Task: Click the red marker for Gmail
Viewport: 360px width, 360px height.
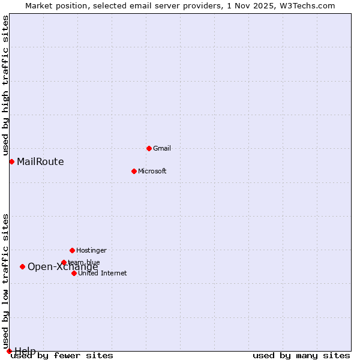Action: click(x=149, y=148)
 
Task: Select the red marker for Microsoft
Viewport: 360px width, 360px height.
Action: click(x=134, y=171)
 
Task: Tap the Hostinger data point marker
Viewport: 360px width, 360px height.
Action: click(x=72, y=250)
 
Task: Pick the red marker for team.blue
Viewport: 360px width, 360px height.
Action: click(x=64, y=262)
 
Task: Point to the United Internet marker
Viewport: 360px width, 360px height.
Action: click(x=74, y=273)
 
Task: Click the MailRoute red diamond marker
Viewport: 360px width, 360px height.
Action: click(x=11, y=161)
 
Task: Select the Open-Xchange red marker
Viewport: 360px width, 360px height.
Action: click(x=22, y=266)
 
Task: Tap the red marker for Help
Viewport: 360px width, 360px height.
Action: click(x=9, y=351)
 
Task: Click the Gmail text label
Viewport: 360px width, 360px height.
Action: click(x=162, y=148)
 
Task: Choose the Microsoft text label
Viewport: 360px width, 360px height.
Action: click(x=152, y=171)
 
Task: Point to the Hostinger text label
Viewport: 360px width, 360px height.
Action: click(x=91, y=250)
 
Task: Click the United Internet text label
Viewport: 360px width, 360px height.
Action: click(x=103, y=273)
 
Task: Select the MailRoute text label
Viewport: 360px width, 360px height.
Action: click(x=40, y=161)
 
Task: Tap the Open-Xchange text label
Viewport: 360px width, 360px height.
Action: click(x=63, y=267)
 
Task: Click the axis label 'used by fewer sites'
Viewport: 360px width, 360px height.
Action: click(x=62, y=356)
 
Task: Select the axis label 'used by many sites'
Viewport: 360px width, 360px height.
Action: click(x=301, y=356)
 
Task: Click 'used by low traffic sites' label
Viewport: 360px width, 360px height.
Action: click(x=6, y=281)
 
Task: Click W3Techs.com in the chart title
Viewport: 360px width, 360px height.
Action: click(x=305, y=5)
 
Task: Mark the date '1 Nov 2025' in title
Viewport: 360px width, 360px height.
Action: click(x=250, y=5)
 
